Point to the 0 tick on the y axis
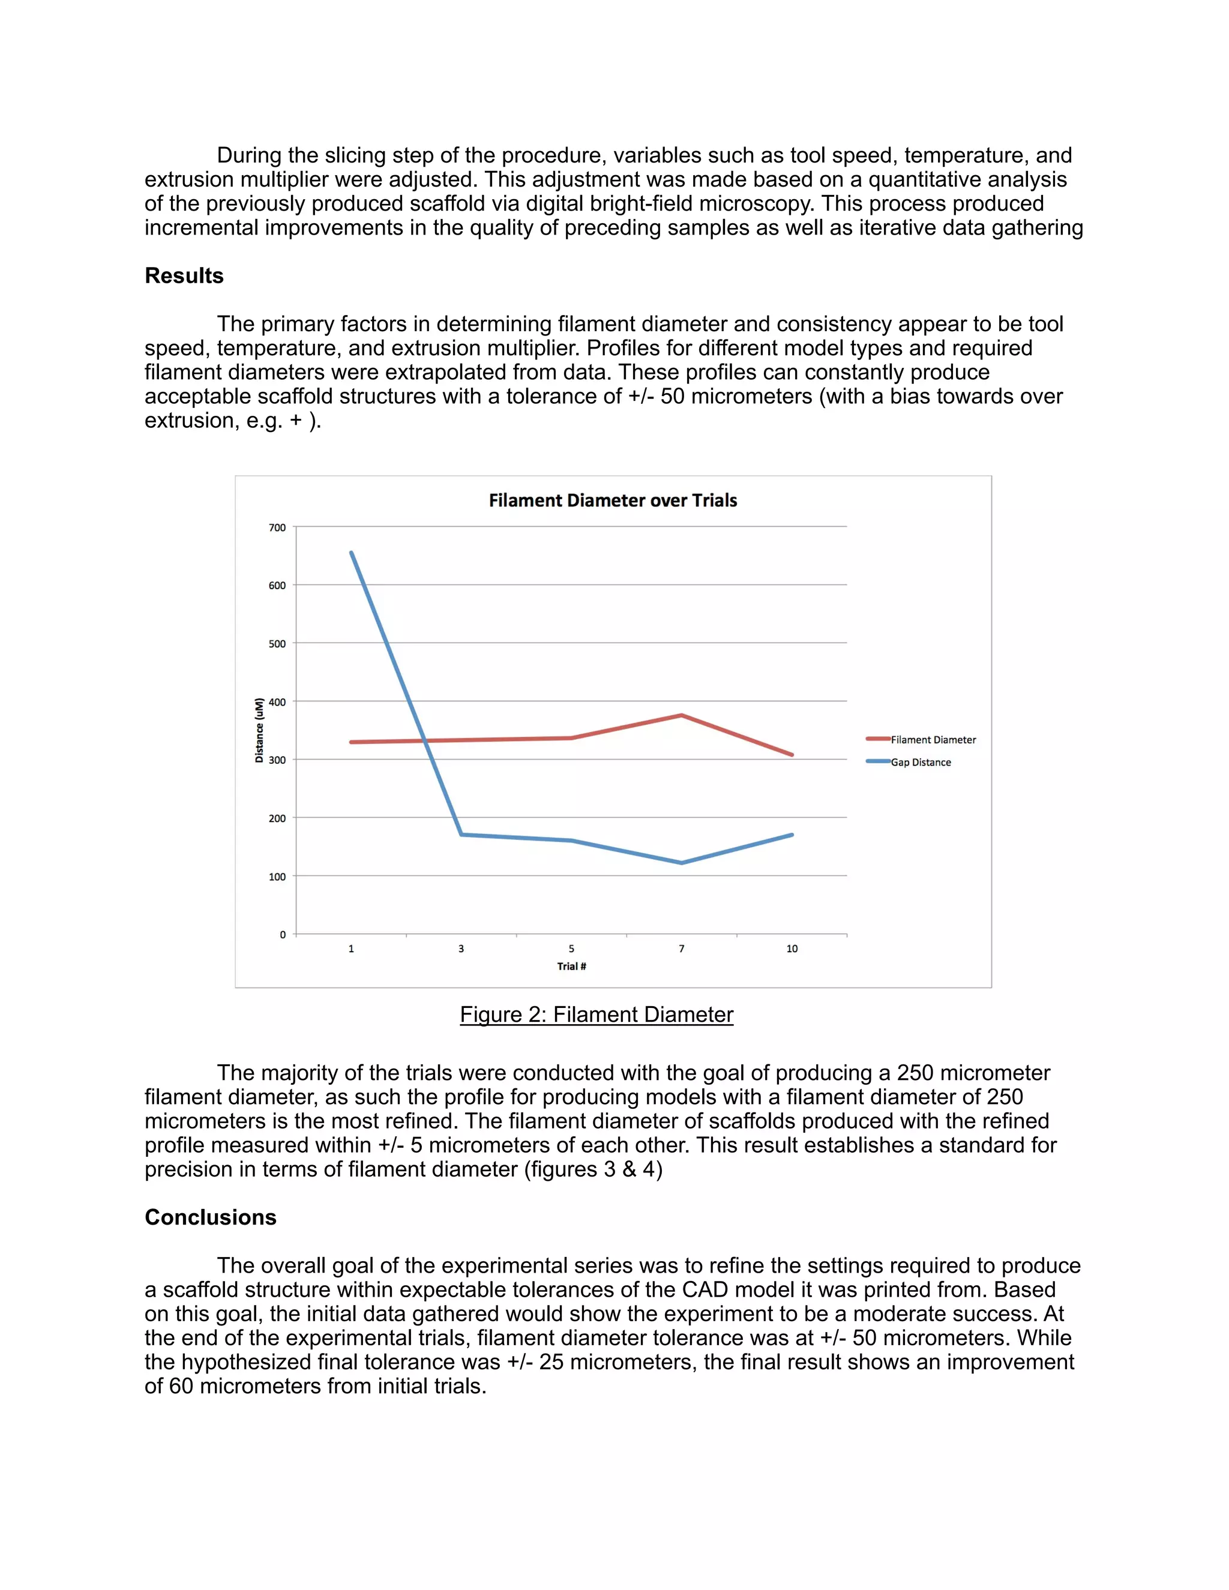pos(283,935)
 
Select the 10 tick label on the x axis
pos(792,949)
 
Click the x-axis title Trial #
pos(571,966)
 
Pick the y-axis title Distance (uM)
pos(259,730)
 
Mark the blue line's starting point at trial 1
pos(352,553)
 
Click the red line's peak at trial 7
pos(682,715)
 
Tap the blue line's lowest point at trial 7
pos(682,863)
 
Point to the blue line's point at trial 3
pos(461,835)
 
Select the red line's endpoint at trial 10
pos(792,755)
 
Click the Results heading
pos(184,276)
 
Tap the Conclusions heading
pos(211,1217)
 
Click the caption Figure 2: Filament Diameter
pos(596,1014)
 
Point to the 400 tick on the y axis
pos(277,702)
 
